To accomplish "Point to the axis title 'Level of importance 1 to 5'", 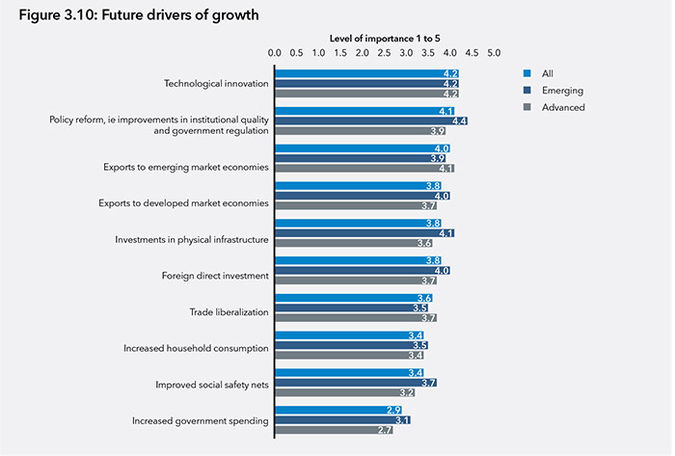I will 384,38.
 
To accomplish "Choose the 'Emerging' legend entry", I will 562,90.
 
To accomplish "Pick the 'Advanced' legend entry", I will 563,107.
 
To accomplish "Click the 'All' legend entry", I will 547,72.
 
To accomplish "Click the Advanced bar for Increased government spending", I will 334,430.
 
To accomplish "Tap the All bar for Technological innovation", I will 366,73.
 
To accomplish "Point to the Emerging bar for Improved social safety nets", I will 356,383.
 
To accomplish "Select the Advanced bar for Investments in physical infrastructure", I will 354,243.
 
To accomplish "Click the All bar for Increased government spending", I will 338,410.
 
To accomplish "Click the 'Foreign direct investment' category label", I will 215,276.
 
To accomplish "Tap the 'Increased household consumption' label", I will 196,347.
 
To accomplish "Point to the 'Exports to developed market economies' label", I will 183,202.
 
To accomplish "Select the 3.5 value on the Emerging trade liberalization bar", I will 433,308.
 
